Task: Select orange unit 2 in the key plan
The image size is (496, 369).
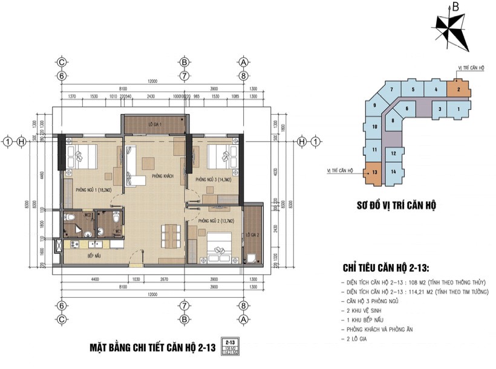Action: tap(459, 90)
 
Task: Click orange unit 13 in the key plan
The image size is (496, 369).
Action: tap(375, 172)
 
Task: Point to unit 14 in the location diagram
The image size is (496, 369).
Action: tap(393, 172)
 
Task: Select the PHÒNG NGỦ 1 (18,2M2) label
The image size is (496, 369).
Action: tap(94, 190)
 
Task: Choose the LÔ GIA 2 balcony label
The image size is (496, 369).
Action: tap(253, 234)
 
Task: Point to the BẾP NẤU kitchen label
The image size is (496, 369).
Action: tap(80, 255)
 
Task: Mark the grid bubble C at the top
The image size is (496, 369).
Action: tap(60, 62)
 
